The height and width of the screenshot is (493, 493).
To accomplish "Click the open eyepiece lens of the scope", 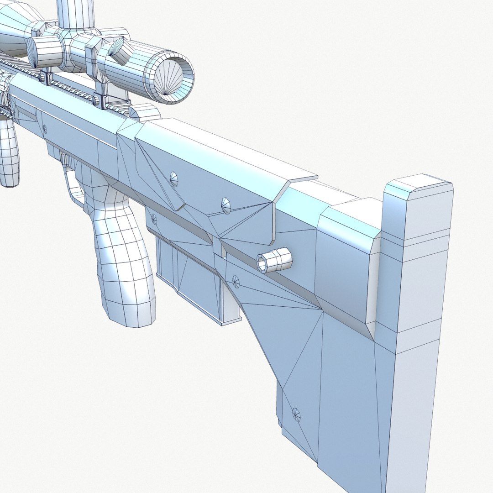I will [172, 79].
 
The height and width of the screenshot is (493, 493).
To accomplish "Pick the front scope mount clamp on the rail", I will [47, 77].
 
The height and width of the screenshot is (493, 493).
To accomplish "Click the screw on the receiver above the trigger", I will [44, 128].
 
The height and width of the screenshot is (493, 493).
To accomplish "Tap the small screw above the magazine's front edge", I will [154, 219].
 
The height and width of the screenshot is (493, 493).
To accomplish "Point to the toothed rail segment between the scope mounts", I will [73, 89].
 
